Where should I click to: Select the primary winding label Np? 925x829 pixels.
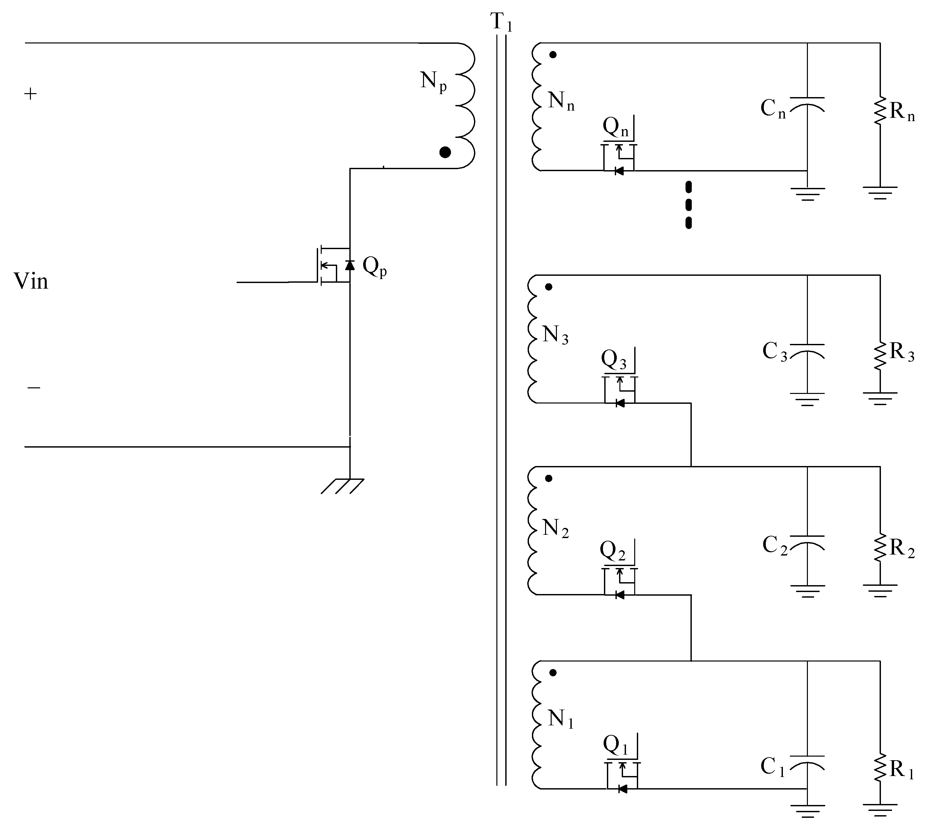pos(433,82)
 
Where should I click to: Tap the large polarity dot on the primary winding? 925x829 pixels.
pos(445,152)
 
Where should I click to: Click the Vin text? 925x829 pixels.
pos(31,281)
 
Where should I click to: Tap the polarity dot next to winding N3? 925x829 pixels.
pos(549,287)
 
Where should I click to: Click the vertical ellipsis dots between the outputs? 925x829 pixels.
pos(688,205)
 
